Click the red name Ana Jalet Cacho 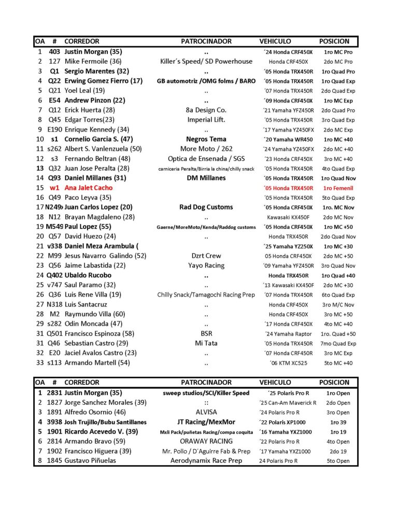point(88,188)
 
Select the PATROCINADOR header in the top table point(206,41)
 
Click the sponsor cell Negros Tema point(206,139)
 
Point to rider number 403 point(54,52)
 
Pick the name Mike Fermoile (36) point(93,62)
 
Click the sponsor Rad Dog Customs point(206,207)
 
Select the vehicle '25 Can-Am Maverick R point(288,403)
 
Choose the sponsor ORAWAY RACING point(206,441)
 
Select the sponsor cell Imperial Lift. point(206,120)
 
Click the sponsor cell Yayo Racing point(206,266)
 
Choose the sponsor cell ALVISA point(206,413)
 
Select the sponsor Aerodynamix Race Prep point(206,461)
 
